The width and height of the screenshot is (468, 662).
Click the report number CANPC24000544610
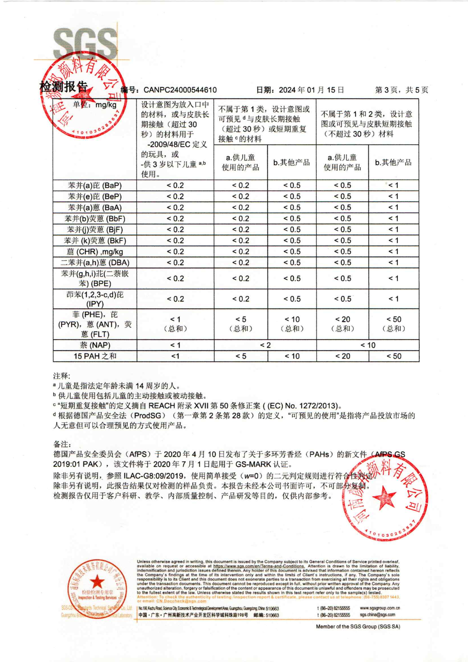pyautogui.click(x=180, y=90)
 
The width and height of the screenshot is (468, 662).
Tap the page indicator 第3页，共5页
pyautogui.click(x=402, y=90)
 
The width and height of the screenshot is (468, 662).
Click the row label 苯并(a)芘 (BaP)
pyautogui.click(x=95, y=186)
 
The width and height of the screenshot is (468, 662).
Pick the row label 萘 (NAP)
pyautogui.click(x=95, y=345)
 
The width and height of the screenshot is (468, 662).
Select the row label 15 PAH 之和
pyautogui.click(x=95, y=356)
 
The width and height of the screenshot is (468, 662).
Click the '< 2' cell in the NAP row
pyautogui.click(x=265, y=345)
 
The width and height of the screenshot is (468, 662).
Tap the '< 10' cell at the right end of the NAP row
pyautogui.click(x=368, y=345)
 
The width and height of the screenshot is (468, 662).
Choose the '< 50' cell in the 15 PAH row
pyautogui.click(x=394, y=356)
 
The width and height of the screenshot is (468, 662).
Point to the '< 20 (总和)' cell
pyautogui.click(x=342, y=324)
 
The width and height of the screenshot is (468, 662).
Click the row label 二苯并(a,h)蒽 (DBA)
pyautogui.click(x=95, y=263)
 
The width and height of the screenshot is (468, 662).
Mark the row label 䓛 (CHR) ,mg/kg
pyautogui.click(x=95, y=252)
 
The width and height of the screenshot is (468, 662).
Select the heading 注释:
pyautogui.click(x=62, y=376)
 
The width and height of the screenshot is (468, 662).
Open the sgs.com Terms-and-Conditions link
pyautogui.click(x=259, y=566)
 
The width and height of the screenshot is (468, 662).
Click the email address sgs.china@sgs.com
pyautogui.click(x=377, y=615)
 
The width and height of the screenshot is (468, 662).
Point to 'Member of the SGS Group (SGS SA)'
pyautogui.click(x=358, y=626)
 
